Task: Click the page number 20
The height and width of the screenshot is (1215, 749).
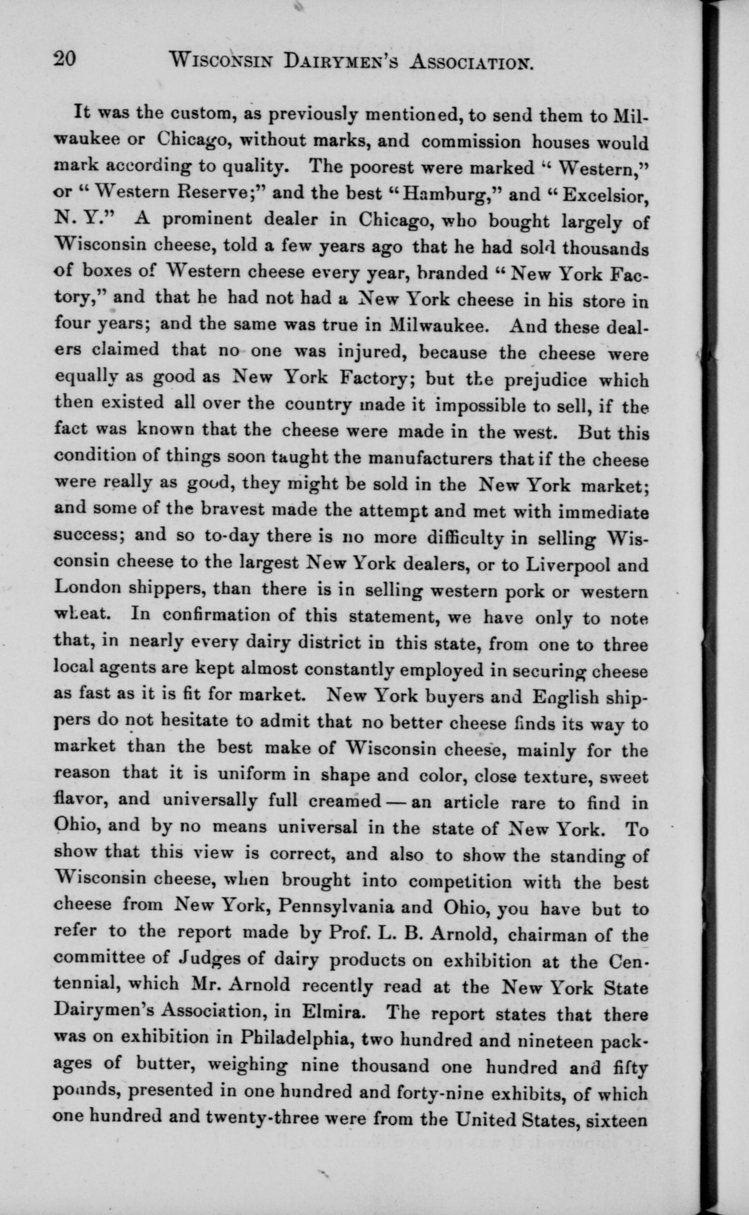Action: [x=65, y=59]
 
